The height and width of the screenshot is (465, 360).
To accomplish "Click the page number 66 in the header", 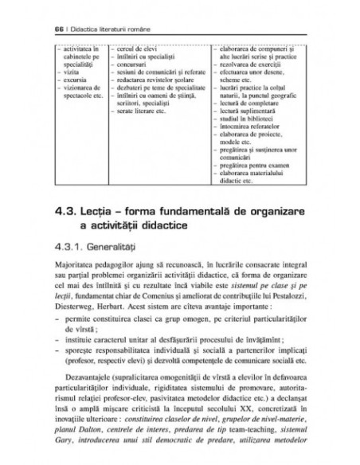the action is tap(38, 30).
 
